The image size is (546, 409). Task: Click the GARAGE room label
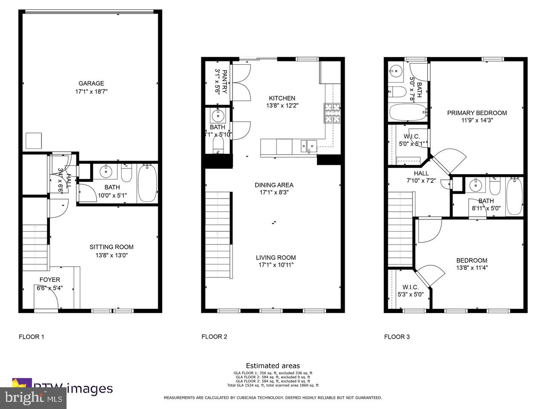pyautogui.click(x=91, y=84)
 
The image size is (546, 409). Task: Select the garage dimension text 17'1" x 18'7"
pyautogui.click(x=91, y=91)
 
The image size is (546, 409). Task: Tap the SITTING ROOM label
pyautogui.click(x=111, y=247)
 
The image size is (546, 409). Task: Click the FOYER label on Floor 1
pyautogui.click(x=50, y=280)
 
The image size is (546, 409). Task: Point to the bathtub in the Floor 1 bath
pyautogui.click(x=147, y=183)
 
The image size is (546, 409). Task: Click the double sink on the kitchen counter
pyautogui.click(x=308, y=146)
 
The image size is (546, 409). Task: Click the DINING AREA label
pyautogui.click(x=274, y=185)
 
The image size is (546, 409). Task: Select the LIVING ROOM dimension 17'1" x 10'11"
pyautogui.click(x=276, y=265)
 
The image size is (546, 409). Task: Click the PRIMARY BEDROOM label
pyautogui.click(x=477, y=113)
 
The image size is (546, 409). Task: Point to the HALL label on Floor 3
pyautogui.click(x=421, y=173)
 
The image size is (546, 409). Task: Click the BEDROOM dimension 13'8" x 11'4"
pyautogui.click(x=472, y=268)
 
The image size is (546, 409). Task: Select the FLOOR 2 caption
pyautogui.click(x=214, y=337)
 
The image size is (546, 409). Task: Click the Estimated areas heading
pyautogui.click(x=273, y=366)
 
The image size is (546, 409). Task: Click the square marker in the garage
pyautogui.click(x=34, y=140)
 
